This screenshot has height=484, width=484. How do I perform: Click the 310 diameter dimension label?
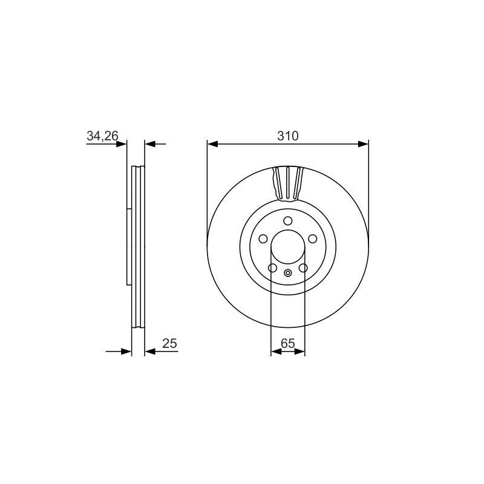pyautogui.click(x=288, y=136)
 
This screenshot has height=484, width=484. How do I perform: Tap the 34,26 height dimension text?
pyautogui.click(x=102, y=136)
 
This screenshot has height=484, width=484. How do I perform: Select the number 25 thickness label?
pyautogui.click(x=169, y=343)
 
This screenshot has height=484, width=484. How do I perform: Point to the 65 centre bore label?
pyautogui.click(x=288, y=343)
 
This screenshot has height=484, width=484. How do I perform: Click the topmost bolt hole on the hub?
pyautogui.click(x=288, y=221)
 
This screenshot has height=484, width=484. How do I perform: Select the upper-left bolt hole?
pyautogui.click(x=263, y=238)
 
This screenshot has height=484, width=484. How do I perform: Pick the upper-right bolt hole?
pyautogui.click(x=313, y=238)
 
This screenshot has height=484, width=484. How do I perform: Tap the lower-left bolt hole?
pyautogui.click(x=272, y=267)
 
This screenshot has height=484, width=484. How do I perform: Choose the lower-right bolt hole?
pyautogui.click(x=304, y=267)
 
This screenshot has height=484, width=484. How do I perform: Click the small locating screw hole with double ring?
pyautogui.click(x=288, y=273)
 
